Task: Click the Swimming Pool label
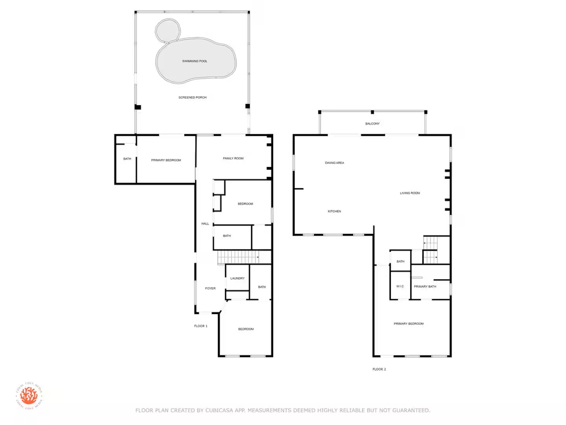click(195, 61)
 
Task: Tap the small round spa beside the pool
click(168, 30)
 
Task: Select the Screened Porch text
click(192, 97)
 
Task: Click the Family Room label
click(233, 158)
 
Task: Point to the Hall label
click(205, 224)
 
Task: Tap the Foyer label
click(210, 288)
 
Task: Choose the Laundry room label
click(237, 278)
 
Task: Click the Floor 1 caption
click(200, 326)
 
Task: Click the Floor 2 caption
click(379, 369)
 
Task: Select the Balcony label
click(372, 124)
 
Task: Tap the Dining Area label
click(334, 163)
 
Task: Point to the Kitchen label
click(334, 211)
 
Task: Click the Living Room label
click(410, 193)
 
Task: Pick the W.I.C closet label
click(400, 286)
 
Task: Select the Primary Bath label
click(425, 286)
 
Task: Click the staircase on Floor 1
click(238, 257)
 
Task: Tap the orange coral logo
click(29, 395)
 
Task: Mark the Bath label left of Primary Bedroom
click(127, 159)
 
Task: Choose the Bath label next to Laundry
click(262, 287)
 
